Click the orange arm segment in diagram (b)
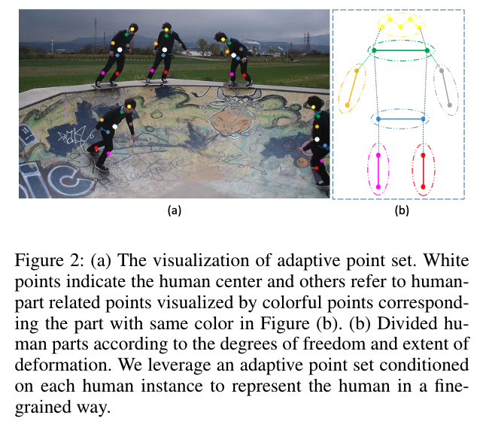click(353, 88)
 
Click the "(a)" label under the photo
click(174, 211)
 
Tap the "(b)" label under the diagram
click(401, 211)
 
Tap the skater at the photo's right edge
click(317, 147)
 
